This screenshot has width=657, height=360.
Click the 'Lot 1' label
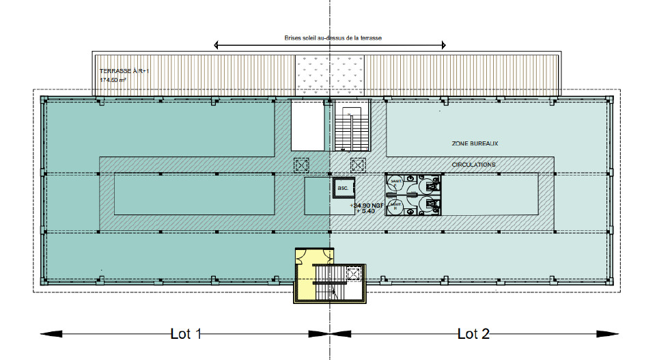coord(186,334)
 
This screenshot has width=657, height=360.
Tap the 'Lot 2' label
coord(473,334)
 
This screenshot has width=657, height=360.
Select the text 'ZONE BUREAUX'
coord(475,144)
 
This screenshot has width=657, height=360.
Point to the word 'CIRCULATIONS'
coord(474,165)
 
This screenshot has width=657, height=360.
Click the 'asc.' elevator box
coord(341,188)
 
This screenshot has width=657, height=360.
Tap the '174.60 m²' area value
coord(113,80)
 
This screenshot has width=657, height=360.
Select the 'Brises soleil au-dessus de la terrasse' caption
coord(332,39)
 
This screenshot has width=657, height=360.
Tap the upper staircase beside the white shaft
coord(352,126)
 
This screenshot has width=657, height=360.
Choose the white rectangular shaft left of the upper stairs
coord(307,125)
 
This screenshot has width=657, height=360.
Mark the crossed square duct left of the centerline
coord(301,165)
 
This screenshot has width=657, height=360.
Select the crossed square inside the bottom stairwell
coord(353,273)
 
